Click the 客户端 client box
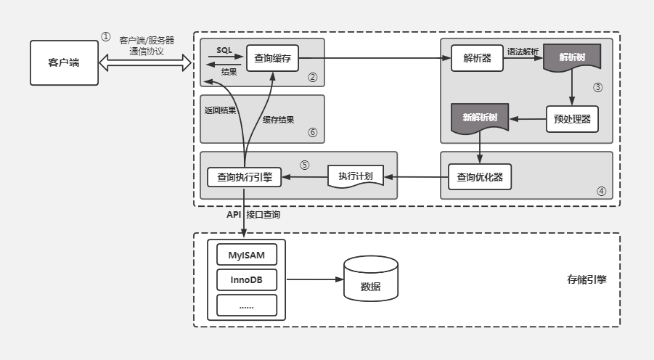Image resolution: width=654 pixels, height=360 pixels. coord(64,62)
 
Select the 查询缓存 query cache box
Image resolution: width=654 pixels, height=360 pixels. coord(272,58)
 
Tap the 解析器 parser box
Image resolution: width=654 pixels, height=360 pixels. coord(477,58)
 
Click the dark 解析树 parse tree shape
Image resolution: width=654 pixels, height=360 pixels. coord(572,57)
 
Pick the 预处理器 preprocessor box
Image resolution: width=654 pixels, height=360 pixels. coord(572,119)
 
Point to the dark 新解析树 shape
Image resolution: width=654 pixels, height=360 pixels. coord(480,118)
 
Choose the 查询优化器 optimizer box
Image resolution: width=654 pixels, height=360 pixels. coord(480,177)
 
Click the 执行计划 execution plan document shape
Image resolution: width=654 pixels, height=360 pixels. coord(356,176)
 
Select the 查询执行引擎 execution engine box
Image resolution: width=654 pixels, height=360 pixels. coord(245,177)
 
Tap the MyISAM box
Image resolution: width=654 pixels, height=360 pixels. coord(247,255)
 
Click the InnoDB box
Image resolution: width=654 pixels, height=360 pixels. coord(247,279)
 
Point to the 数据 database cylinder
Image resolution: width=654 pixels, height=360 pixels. coord(371,279)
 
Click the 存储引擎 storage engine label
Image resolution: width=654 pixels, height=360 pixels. coord(586,279)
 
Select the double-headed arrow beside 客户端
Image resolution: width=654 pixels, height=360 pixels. coord(145,62)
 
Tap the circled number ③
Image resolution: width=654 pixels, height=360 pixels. coord(597,87)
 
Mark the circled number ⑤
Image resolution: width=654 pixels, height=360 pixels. coord(304,165)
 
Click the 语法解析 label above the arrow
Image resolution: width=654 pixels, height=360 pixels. coord(523,52)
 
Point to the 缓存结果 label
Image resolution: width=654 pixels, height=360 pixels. coord(278,120)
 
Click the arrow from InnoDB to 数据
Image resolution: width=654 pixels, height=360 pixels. coord(315,279)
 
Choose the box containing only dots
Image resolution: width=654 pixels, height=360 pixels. coord(247,305)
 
